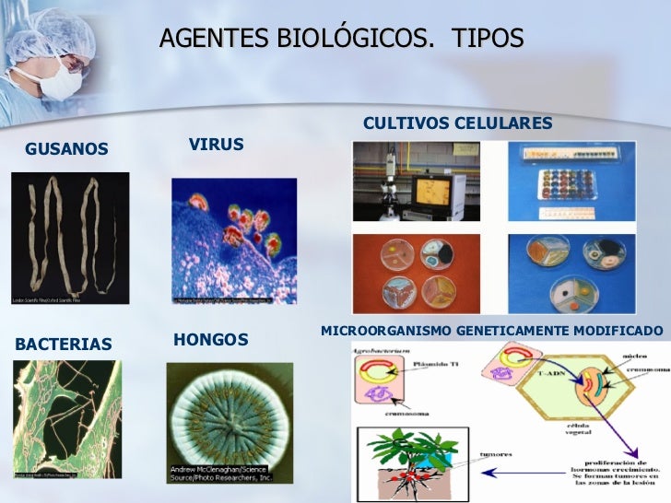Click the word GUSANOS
pos(66,149)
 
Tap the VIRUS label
pos(216,145)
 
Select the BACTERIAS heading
pos(64,345)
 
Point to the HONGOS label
pos(210,340)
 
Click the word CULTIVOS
pos(405,123)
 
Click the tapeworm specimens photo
pos(69,238)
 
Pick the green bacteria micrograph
pos(66,418)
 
